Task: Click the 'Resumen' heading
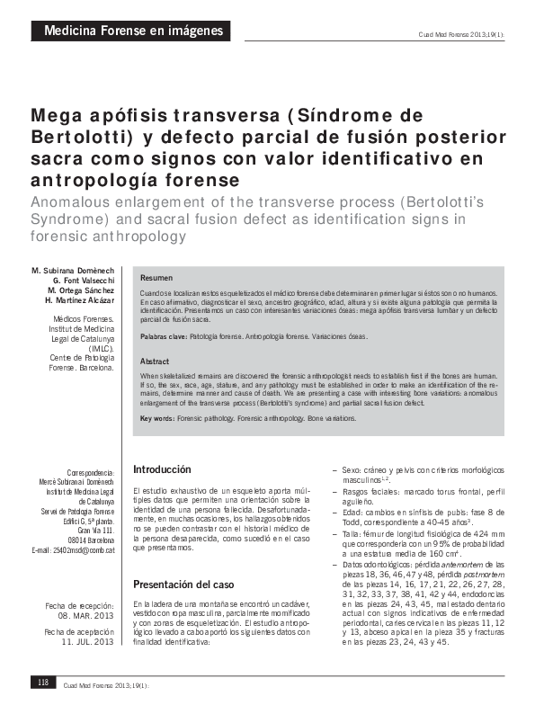pos(156,278)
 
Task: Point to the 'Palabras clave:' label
pos(164,335)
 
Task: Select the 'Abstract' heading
pos(155,361)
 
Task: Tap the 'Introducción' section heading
pos(162,469)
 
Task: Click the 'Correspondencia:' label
pos(91,472)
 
